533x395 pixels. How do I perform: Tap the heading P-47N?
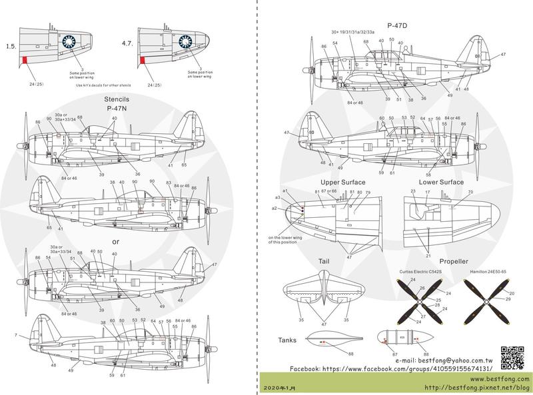pos(117,107)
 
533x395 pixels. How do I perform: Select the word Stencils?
pos(115,97)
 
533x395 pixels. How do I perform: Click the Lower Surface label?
pos(442,182)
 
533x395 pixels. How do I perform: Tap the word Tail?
pos(325,262)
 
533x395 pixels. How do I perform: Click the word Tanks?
pos(288,340)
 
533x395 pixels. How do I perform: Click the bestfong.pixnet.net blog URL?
pos(476,387)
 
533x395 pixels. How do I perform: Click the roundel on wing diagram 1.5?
pos(69,43)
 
